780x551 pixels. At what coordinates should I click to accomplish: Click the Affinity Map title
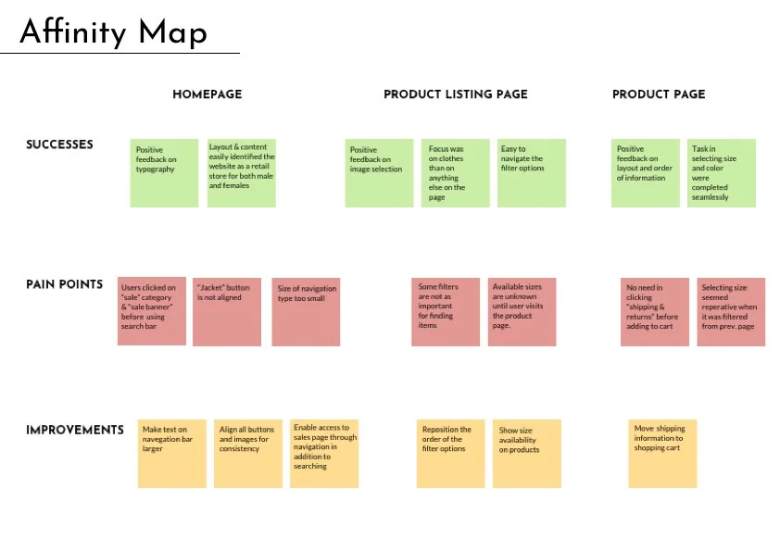[x=113, y=32]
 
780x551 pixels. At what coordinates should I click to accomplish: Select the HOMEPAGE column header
[x=207, y=94]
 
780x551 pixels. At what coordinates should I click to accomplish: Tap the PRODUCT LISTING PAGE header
[x=455, y=94]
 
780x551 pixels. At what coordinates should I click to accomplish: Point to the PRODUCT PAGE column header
[x=659, y=94]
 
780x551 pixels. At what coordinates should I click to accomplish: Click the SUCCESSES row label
[x=59, y=144]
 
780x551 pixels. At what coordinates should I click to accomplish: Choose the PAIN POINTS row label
[x=64, y=284]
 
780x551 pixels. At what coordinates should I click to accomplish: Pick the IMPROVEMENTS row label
[x=75, y=431]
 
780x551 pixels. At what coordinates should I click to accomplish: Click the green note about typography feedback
[x=164, y=173]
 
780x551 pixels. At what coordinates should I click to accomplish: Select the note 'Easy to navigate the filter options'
[x=532, y=173]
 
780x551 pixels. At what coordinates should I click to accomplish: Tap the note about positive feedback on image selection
[x=379, y=173]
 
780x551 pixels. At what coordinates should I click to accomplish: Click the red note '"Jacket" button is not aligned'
[x=227, y=312]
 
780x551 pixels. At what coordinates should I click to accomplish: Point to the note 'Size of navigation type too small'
[x=306, y=312]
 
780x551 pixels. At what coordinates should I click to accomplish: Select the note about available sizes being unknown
[x=522, y=312]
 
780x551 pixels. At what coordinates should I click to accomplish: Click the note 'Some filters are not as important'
[x=446, y=312]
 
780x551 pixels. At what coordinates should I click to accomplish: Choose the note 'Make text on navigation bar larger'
[x=172, y=454]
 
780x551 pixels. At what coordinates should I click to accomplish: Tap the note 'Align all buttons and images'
[x=248, y=454]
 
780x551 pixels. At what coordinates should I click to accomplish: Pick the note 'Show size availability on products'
[x=527, y=454]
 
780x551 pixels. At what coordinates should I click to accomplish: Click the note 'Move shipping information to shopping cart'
[x=662, y=454]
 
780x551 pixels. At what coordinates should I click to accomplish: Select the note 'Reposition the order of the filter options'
[x=451, y=454]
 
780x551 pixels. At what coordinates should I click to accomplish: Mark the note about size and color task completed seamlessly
[x=722, y=173]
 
